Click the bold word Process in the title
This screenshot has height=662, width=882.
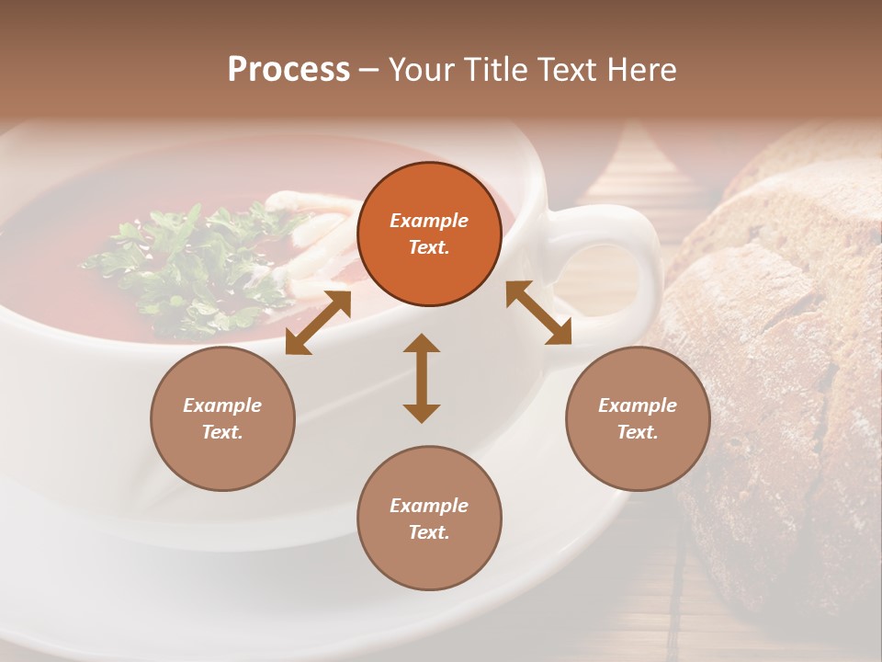tap(288, 70)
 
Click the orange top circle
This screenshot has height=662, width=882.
tap(429, 234)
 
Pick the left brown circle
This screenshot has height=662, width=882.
tap(222, 418)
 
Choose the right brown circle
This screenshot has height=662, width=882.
tap(638, 418)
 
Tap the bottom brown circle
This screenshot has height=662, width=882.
tap(429, 519)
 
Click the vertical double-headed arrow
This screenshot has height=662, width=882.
tap(422, 378)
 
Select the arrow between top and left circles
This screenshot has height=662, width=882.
tap(318, 322)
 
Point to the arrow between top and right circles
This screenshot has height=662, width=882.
tap(538, 313)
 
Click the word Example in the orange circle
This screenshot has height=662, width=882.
tap(429, 221)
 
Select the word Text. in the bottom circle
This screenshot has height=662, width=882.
tap(429, 532)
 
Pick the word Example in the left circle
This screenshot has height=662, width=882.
tap(222, 405)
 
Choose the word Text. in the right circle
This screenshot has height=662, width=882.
tap(638, 432)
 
